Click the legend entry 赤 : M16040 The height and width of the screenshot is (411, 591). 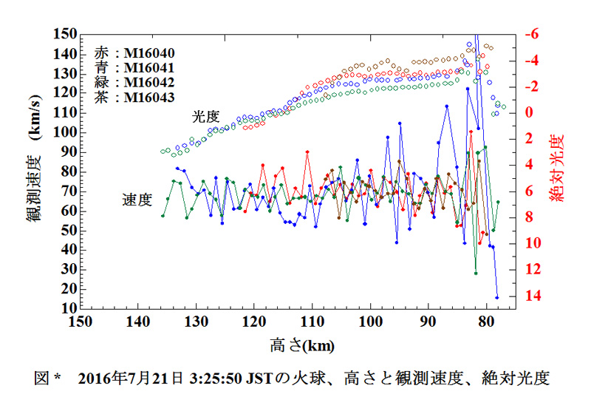tap(134, 53)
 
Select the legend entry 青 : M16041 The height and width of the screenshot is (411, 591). tap(134, 68)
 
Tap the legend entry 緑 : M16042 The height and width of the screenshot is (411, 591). tap(134, 83)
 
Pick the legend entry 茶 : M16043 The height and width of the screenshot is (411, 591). tap(134, 98)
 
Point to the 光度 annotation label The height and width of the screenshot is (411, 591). tap(206, 117)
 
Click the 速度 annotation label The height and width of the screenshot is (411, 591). tap(137, 200)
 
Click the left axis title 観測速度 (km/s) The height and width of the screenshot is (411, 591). tap(34, 158)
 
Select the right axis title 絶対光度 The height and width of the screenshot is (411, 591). tap(557, 168)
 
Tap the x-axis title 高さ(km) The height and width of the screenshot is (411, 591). tap(302, 345)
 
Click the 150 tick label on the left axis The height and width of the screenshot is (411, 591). tap(65, 34)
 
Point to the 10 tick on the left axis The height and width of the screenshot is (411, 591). tap(69, 308)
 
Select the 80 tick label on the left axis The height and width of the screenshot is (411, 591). tap(69, 171)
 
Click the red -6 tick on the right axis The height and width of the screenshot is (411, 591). tap(532, 34)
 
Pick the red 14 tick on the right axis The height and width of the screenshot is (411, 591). tap(533, 295)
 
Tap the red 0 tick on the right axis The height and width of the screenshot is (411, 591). tap(529, 112)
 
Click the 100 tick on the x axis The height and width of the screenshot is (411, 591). tap(371, 322)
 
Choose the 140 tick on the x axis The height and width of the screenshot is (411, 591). tap(138, 322)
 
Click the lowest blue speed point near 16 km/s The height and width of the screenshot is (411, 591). tap(496, 297)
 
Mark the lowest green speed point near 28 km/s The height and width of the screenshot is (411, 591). tap(476, 274)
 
